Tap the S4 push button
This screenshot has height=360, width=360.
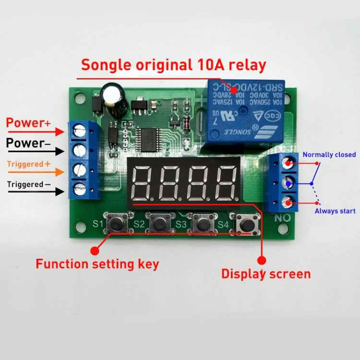245,224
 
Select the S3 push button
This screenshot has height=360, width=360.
202,223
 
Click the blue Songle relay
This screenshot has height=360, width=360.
245,111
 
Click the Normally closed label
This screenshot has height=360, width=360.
329,155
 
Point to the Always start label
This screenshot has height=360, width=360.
335,211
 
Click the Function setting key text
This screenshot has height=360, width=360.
97,264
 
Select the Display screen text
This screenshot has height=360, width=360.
265,274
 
